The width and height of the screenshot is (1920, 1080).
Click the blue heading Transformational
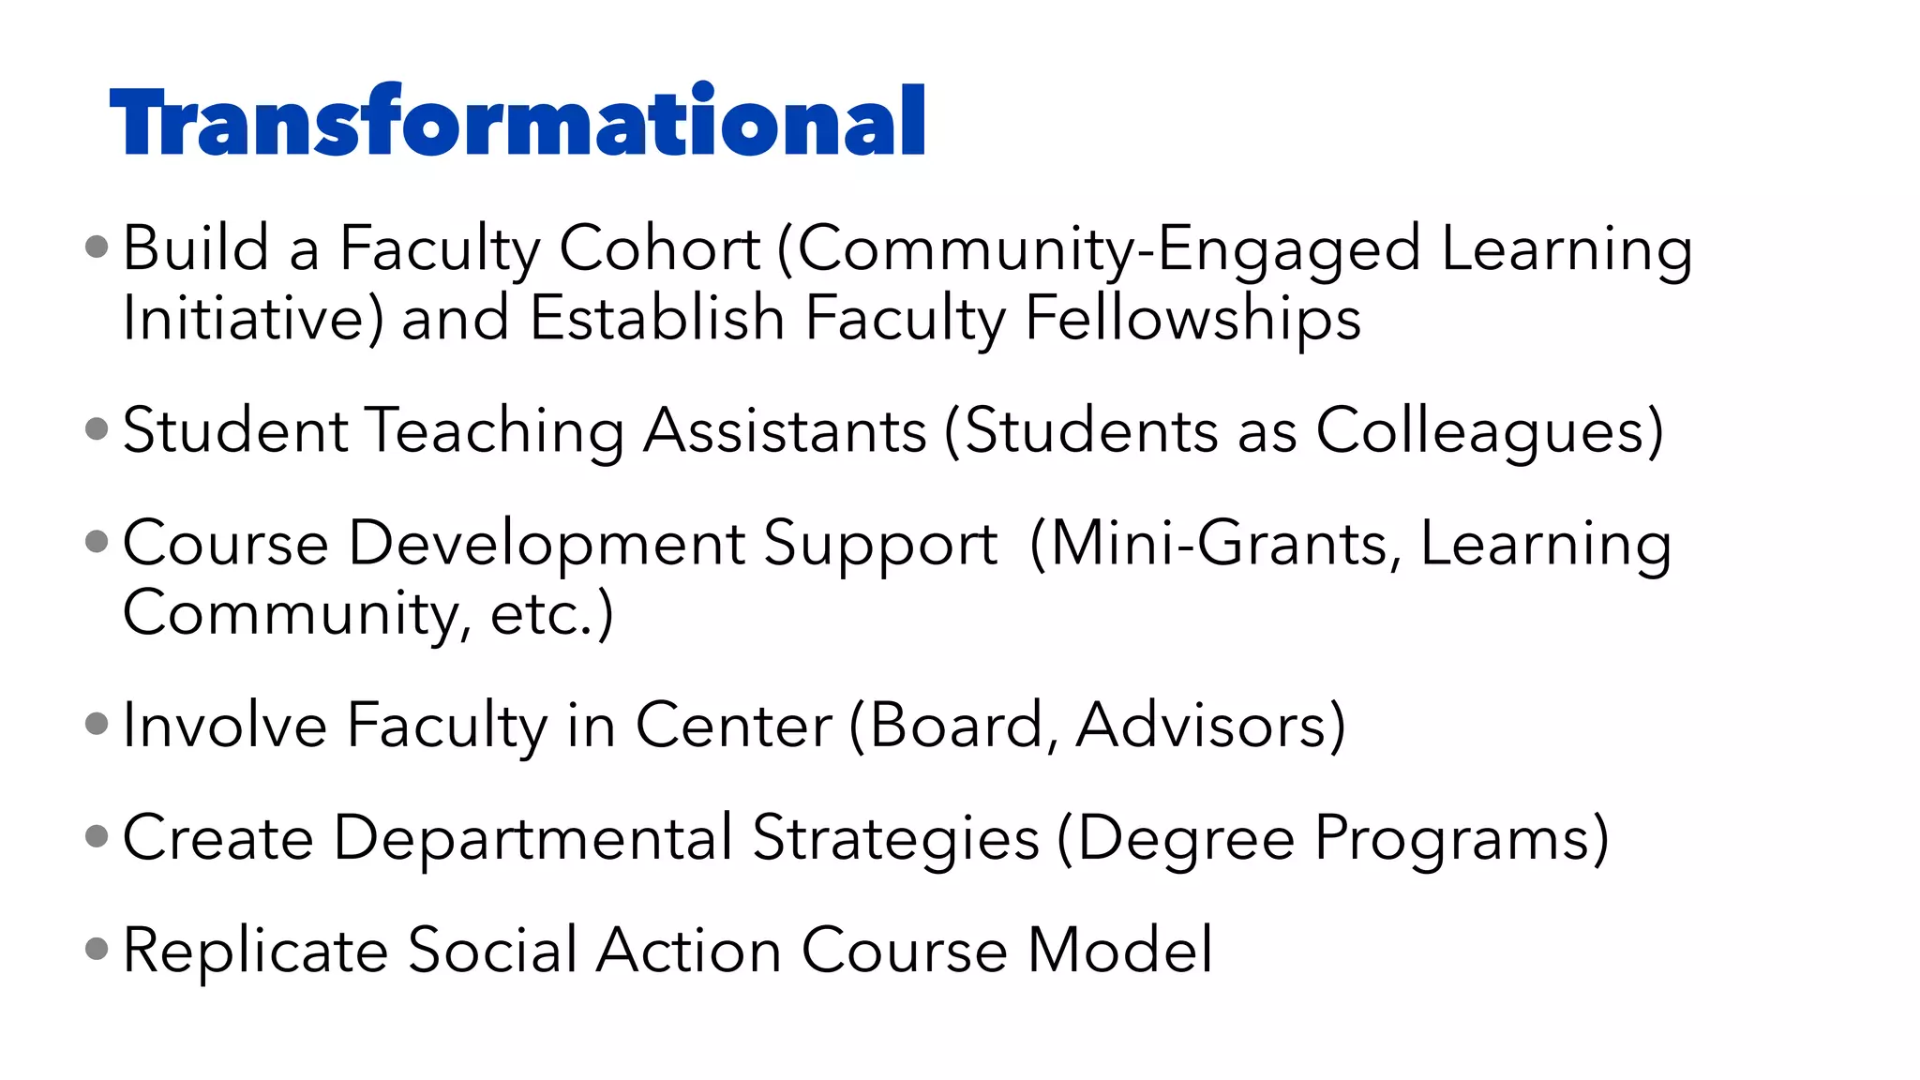[517, 122]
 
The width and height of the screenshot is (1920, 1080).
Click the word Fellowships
[1192, 319]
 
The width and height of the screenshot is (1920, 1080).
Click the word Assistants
[786, 431]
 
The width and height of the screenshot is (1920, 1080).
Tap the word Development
[547, 545]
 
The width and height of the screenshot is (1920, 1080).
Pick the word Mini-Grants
[1217, 544]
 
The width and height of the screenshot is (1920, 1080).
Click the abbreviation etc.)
[552, 614]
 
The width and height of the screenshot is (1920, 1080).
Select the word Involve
[224, 726]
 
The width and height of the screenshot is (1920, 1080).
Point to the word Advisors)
[1210, 726]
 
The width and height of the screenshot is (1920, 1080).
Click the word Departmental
[533, 838]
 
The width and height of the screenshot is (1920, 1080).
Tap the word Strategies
[896, 838]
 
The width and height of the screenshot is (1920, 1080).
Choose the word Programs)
[1462, 838]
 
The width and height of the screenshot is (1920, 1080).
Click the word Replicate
[255, 951]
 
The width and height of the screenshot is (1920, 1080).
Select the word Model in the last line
[1120, 950]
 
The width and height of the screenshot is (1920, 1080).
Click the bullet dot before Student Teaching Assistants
[97, 429]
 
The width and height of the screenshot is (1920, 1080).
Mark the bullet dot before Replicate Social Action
[97, 949]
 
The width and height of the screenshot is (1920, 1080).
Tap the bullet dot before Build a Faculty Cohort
[97, 247]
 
